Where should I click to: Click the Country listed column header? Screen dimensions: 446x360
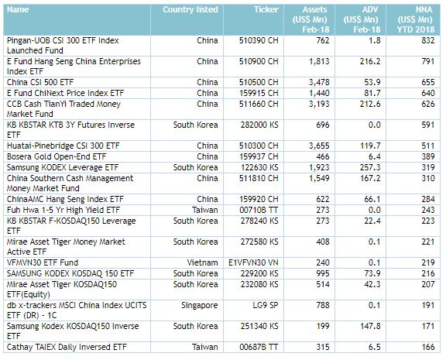pos(190,9)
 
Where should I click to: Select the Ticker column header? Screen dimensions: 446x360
pos(266,9)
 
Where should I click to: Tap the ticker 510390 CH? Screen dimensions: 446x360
pos(259,41)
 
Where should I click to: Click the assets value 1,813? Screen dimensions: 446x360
pos(319,62)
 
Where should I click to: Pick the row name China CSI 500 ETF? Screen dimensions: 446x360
pos(40,83)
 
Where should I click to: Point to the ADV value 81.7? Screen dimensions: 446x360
pos(372,93)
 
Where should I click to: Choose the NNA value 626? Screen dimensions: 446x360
pos(428,104)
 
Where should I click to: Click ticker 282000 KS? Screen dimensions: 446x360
pos(259,125)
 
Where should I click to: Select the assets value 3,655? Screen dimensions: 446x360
pos(319,146)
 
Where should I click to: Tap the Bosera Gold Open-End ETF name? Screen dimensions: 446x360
pos(57,157)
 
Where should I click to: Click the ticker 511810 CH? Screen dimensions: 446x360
pos(259,179)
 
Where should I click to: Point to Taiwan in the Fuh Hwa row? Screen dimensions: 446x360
pos(204,211)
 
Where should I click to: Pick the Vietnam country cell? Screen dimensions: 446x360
pos(202,262)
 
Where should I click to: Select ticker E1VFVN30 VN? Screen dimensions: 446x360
pos(253,262)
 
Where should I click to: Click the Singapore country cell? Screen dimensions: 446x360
pos(200,306)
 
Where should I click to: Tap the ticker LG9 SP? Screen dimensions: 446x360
pos(266,305)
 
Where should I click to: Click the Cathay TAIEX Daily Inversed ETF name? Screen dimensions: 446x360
pos(67,348)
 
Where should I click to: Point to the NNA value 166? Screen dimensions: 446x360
pos(428,348)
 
